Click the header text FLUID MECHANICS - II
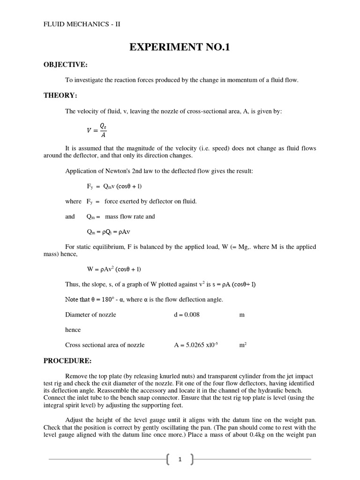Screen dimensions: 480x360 point(82,24)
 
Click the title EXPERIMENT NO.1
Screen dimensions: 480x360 point(180,47)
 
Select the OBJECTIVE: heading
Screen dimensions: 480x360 point(66,64)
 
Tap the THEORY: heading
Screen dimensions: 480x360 point(60,95)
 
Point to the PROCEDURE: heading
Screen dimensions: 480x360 point(67,360)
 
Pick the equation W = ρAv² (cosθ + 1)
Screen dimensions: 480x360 point(114,269)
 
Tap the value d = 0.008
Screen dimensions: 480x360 point(187,315)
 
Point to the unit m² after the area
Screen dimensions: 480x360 point(243,345)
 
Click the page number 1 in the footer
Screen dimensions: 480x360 point(180,460)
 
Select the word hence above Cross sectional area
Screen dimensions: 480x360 point(73,330)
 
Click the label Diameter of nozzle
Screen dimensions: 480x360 point(90,315)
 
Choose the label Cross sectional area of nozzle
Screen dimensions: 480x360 point(105,345)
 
